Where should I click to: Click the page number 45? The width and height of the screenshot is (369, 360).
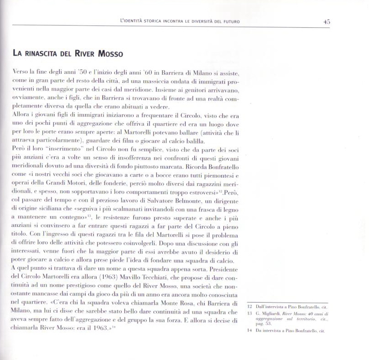[x=327, y=21]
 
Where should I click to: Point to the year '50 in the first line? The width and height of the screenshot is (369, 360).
[x=83, y=73]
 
